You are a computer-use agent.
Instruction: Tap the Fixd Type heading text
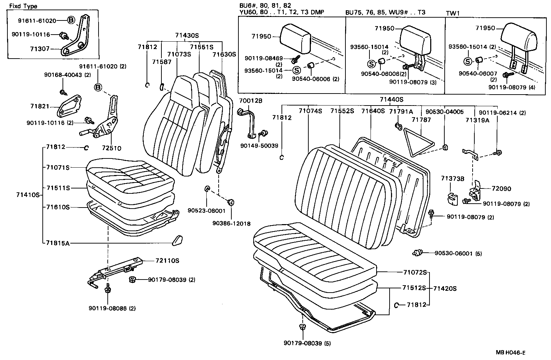click(23, 6)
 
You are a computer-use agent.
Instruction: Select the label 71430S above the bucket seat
click(187, 35)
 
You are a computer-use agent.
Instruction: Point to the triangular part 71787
click(419, 142)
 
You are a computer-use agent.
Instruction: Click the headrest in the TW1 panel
click(518, 37)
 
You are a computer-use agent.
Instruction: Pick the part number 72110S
click(167, 261)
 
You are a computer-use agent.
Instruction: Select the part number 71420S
click(445, 288)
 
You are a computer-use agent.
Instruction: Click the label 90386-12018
click(231, 223)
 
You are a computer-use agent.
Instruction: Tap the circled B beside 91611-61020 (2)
click(98, 87)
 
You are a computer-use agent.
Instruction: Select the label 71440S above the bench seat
click(391, 100)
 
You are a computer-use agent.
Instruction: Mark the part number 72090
click(501, 189)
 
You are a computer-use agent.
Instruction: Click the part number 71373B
click(452, 179)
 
